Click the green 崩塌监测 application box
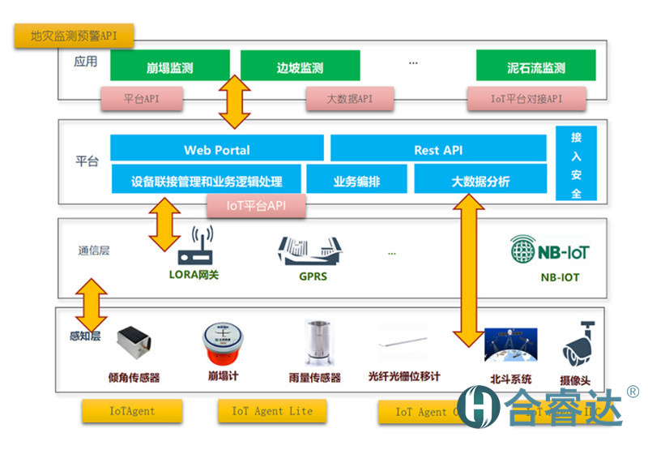[169, 66]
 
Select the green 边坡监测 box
[300, 66]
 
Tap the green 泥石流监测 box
[535, 66]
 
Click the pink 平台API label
[142, 99]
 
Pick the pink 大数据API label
[349, 99]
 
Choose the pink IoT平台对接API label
[526, 99]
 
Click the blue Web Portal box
[216, 149]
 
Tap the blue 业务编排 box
[356, 180]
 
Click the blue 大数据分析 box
[480, 180]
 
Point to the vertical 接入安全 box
[576, 164]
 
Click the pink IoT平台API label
[257, 206]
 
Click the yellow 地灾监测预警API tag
[74, 36]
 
